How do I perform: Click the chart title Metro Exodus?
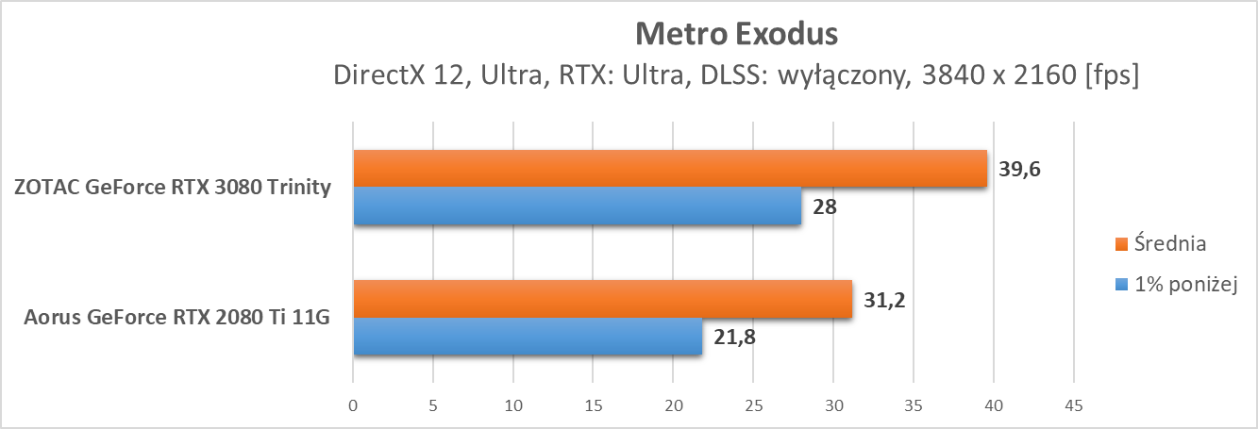(735, 35)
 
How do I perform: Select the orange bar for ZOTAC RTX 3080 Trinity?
(670, 168)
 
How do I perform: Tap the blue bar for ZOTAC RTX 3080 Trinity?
(578, 206)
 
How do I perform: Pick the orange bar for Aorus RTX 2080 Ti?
(602, 299)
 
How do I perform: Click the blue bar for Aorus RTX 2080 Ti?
(528, 337)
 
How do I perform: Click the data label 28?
(825, 206)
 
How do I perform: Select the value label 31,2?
(883, 300)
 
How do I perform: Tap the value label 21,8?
(734, 337)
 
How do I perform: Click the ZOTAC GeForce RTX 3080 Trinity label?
(173, 187)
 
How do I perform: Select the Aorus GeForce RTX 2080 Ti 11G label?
(178, 318)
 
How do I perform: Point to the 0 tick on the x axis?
(353, 405)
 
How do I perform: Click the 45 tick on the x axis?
(1072, 405)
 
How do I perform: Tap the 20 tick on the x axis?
(672, 405)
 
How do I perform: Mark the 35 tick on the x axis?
(912, 405)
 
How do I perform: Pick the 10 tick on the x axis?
(512, 405)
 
